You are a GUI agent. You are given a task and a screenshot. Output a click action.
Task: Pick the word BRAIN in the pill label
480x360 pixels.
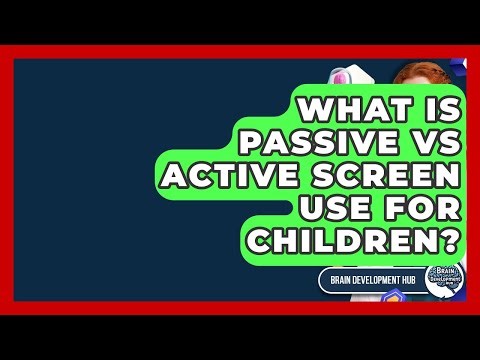346,279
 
